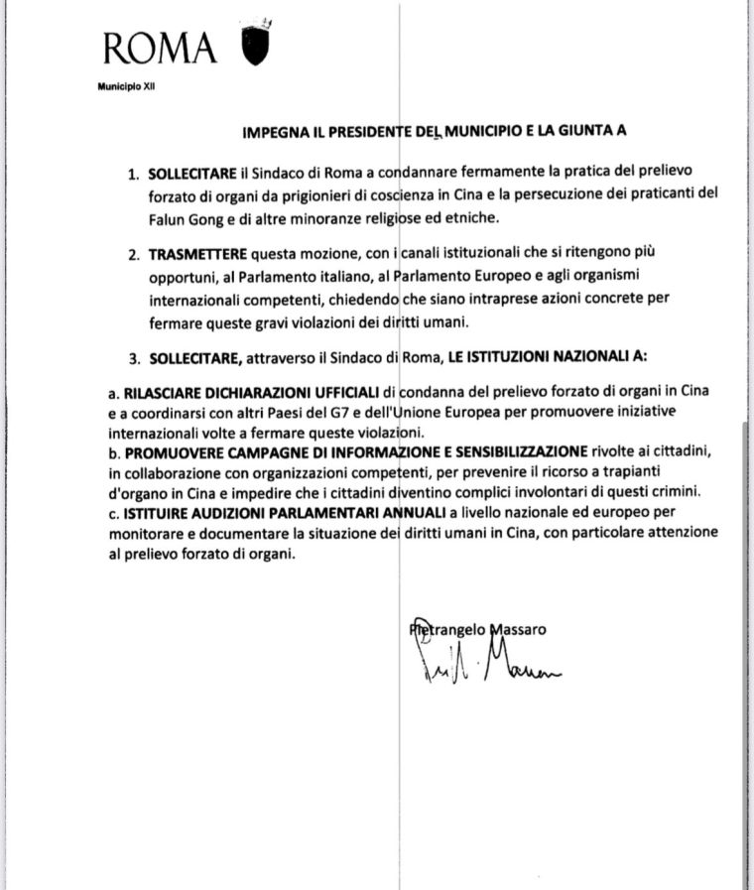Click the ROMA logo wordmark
tap(159, 47)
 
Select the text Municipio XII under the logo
tap(127, 86)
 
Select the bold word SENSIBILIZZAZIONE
tap(518, 451)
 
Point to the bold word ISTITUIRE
tap(155, 515)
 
